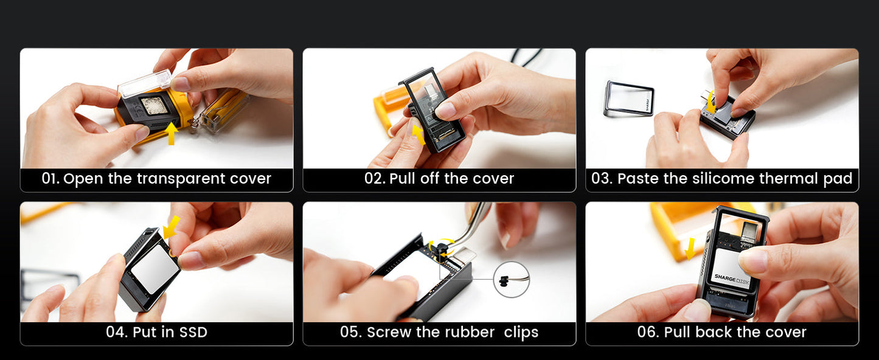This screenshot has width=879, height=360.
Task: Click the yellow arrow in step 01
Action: [171, 133]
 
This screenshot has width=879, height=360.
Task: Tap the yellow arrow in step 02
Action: [419, 134]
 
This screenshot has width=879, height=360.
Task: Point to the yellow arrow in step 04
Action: [172, 228]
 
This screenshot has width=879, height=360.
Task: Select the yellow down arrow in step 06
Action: [690, 249]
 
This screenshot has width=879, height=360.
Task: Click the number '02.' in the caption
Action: [375, 178]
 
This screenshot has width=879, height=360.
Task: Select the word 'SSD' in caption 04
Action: [193, 333]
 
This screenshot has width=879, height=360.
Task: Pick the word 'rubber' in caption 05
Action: [470, 332]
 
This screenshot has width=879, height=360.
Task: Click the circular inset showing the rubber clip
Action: [512, 280]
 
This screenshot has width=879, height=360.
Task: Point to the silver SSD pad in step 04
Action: [156, 269]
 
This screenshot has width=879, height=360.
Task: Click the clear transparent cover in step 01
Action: [145, 83]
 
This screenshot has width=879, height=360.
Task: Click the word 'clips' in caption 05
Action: [521, 333]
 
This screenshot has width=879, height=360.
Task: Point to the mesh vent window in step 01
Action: [155, 106]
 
